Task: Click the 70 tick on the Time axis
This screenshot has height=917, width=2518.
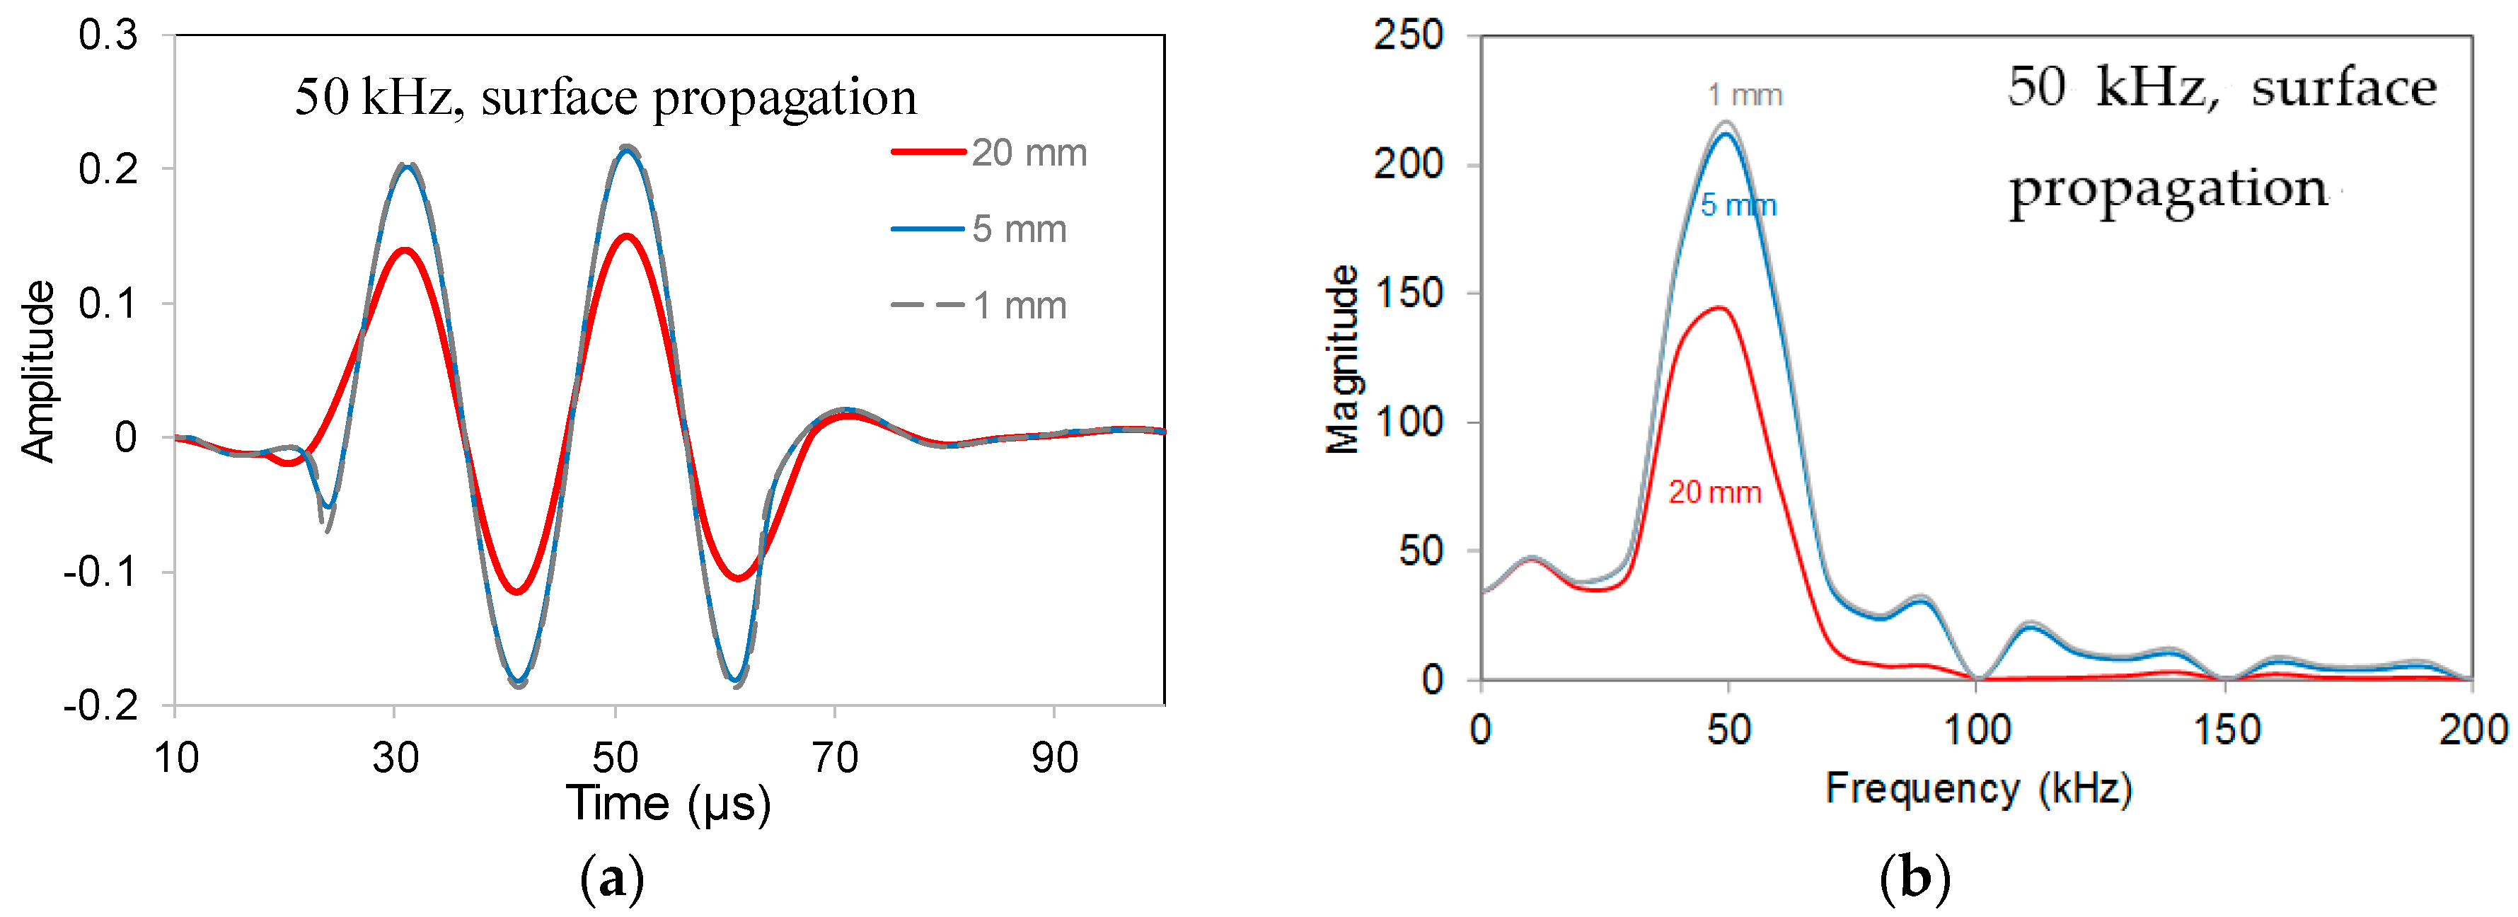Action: pos(835,758)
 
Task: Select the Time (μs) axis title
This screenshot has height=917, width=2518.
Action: pos(669,804)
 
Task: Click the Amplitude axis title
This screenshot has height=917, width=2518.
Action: pos(38,371)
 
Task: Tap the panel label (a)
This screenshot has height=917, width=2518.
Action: pos(612,879)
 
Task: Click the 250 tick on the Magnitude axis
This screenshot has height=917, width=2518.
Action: pos(1408,36)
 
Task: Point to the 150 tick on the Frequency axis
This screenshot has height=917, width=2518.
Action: pos(2227,730)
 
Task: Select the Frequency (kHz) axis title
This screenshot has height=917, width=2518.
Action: pos(1978,788)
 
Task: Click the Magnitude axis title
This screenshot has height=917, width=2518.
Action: pos(1342,359)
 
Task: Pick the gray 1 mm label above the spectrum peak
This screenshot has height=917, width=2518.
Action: pos(1745,95)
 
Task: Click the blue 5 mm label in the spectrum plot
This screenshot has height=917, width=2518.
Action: pos(1738,205)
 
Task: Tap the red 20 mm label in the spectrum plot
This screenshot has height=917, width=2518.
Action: pos(1714,492)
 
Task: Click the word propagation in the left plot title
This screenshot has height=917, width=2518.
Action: pos(784,98)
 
